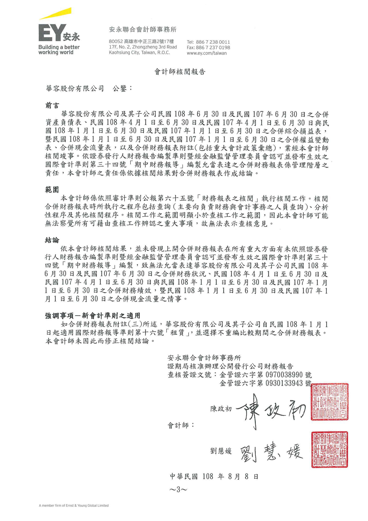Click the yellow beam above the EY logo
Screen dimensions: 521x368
(56, 14)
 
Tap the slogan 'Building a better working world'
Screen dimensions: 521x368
(59, 50)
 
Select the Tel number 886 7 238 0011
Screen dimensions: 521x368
(213, 42)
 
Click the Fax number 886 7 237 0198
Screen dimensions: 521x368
(213, 47)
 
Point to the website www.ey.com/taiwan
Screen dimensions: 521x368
(207, 53)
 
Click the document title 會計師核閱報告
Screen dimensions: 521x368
(180, 72)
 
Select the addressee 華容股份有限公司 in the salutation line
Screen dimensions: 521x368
(75, 88)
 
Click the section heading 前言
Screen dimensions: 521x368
(52, 105)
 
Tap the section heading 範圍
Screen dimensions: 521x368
(52, 190)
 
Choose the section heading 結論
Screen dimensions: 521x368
(52, 240)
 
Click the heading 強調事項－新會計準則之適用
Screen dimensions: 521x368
(93, 316)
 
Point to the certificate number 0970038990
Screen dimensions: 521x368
(284, 375)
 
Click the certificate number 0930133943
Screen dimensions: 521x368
(284, 383)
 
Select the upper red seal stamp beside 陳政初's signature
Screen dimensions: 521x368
(329, 402)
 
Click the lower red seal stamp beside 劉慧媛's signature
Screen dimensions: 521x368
(329, 450)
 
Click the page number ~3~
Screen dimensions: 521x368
(178, 490)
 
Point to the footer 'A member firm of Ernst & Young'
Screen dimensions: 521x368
(74, 506)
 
